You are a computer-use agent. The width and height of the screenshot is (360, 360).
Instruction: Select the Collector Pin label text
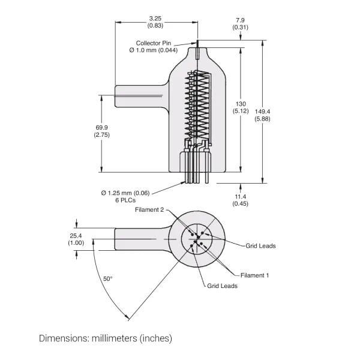pyautogui.click(x=154, y=43)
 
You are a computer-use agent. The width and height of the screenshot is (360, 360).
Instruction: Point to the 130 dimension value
pyautogui.click(x=241, y=103)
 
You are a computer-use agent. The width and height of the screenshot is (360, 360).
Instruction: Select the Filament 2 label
pyautogui.click(x=149, y=209)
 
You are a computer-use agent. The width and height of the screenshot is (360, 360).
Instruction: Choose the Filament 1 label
pyautogui.click(x=255, y=275)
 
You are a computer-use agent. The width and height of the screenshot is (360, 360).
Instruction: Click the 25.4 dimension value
pyautogui.click(x=76, y=236)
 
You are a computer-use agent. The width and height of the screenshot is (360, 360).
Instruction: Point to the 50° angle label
pyautogui.click(x=108, y=279)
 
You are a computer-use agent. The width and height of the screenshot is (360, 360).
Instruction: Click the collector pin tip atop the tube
pyautogui.click(x=197, y=43)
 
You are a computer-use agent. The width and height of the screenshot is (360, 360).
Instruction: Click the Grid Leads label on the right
pyautogui.click(x=260, y=245)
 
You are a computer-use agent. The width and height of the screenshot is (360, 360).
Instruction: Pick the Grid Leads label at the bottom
pyautogui.click(x=223, y=286)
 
